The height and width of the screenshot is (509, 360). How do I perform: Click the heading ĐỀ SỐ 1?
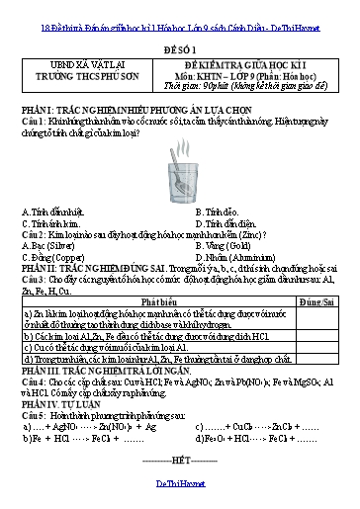point(179,46)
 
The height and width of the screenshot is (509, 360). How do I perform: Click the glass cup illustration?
point(180,181)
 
